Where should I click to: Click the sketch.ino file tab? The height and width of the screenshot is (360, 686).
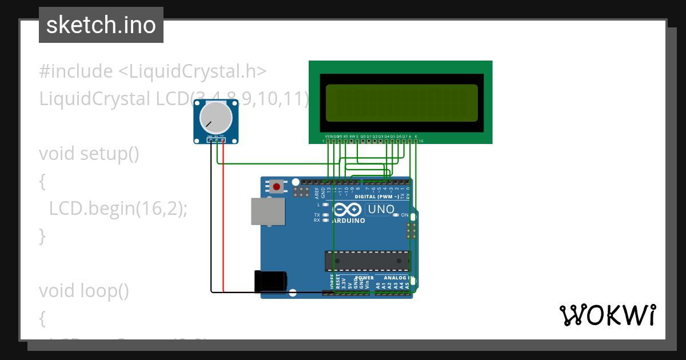point(101,25)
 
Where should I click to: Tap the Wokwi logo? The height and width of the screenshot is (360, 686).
point(608,315)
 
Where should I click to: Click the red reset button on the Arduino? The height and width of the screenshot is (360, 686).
point(277,186)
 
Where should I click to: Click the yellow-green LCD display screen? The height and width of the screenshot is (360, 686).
point(401,103)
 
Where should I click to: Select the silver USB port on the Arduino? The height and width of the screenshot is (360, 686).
point(268,211)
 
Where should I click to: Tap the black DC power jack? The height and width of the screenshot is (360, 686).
point(270,282)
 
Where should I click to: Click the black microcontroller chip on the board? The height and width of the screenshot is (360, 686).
point(368,261)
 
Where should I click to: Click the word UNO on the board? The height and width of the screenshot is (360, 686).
point(381,210)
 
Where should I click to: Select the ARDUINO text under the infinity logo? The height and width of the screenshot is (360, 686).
point(348,221)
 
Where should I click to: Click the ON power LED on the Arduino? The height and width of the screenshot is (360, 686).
point(396,215)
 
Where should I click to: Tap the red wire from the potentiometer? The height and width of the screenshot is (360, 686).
point(223,217)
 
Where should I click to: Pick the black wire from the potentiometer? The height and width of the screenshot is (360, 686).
point(212,217)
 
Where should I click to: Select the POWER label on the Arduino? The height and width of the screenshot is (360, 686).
point(365,278)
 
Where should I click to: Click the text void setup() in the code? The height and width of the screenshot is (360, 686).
point(89,154)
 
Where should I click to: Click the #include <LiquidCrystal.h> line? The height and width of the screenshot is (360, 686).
point(153,71)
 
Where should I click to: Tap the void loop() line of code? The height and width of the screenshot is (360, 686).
point(83,291)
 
